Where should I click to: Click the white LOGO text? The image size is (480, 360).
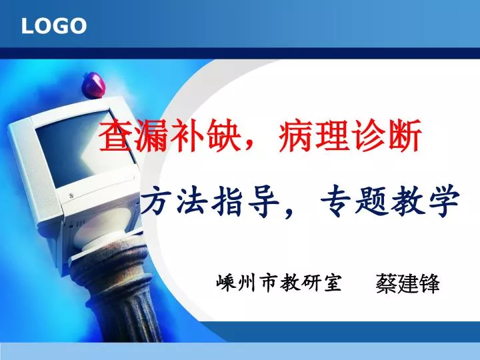(54, 26)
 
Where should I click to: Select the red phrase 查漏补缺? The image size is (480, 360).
(169, 136)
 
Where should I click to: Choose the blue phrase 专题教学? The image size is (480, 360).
(390, 201)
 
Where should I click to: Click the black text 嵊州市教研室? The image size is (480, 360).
(279, 282)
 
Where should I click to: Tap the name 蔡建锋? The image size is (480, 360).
(407, 283)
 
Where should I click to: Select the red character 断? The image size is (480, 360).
(405, 136)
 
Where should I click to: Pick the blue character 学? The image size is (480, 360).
(443, 201)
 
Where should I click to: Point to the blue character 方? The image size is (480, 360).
(157, 201)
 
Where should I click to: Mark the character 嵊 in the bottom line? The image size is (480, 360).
(225, 282)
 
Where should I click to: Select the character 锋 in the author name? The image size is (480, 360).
(429, 283)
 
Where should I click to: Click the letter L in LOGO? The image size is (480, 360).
(27, 26)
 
